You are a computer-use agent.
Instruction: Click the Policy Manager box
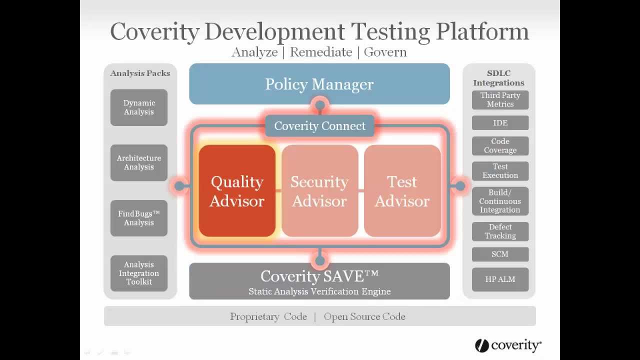point(319,84)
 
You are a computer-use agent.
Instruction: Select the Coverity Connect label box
point(319,126)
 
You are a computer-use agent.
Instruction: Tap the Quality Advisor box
point(237,191)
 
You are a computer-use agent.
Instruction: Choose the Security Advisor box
point(319,191)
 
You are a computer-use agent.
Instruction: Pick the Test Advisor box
point(402,191)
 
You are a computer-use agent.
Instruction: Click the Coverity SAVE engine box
point(319,281)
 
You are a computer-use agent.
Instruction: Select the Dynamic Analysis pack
point(139,107)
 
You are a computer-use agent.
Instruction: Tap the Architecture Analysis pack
point(139,162)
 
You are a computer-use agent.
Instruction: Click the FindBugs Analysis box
point(139,218)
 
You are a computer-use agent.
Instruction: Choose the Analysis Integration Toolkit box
point(139,273)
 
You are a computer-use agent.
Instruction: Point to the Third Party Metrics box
point(500,99)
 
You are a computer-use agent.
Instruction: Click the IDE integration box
point(500,123)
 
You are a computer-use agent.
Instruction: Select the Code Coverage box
point(500,145)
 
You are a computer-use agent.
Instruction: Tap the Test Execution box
point(500,171)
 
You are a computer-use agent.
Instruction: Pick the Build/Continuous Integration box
point(500,201)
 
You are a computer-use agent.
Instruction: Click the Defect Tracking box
point(500,231)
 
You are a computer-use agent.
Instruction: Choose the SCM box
point(500,254)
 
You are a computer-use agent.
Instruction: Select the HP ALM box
point(500,279)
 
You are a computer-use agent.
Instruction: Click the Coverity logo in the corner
point(508,345)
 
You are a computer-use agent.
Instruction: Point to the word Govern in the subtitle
point(385,52)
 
